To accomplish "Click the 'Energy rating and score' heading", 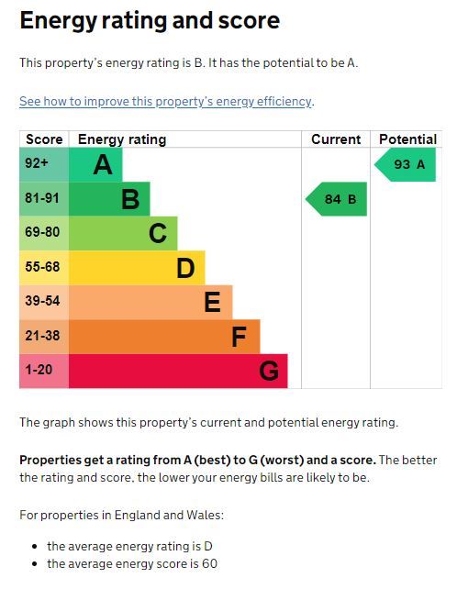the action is (x=150, y=21).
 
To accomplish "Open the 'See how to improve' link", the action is (x=165, y=102).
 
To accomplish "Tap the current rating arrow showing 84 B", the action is (x=336, y=199).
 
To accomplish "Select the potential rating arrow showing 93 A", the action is (x=405, y=164).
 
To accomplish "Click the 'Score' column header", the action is (x=44, y=139).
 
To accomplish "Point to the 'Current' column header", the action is (x=336, y=139).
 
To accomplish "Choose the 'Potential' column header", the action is (x=407, y=139).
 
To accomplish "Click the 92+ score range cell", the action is (x=44, y=164).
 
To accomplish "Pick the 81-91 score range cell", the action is (x=44, y=199).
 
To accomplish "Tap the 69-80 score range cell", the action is (x=44, y=233).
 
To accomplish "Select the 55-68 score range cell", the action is (x=44, y=268).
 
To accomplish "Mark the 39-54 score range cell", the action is (x=44, y=302).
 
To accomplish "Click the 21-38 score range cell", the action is (x=44, y=337).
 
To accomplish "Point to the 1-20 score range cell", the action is (x=44, y=371).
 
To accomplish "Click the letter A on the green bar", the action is (x=103, y=165).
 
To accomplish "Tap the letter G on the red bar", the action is (x=269, y=372).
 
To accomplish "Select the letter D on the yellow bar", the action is (x=185, y=268).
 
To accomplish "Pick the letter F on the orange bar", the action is (x=239, y=337).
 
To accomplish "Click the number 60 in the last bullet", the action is (x=210, y=563).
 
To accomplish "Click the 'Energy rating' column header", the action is (x=122, y=139).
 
